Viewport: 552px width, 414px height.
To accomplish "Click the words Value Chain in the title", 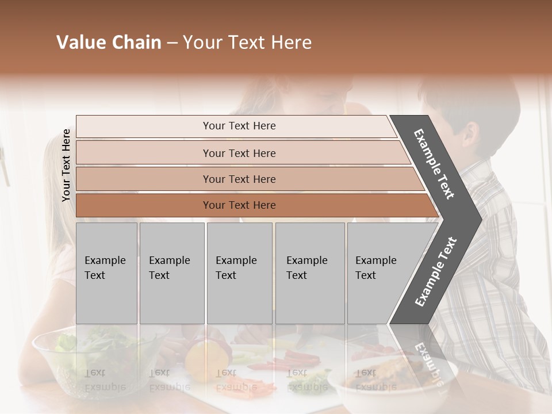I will pos(109,43).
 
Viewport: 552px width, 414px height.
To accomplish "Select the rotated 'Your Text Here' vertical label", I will pos(66,165).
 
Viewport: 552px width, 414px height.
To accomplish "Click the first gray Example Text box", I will pos(106,273).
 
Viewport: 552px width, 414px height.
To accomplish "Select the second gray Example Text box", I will pos(172,273).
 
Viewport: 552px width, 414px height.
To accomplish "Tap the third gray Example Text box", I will pos(239,273).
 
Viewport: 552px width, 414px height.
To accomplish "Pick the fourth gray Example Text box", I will pos(310,273).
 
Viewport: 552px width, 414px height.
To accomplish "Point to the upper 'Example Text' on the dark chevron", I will pos(434,163).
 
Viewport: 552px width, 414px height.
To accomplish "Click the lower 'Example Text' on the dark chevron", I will pos(435,272).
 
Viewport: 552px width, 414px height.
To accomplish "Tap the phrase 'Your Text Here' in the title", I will pos(247,43).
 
